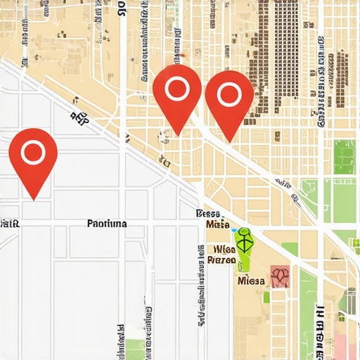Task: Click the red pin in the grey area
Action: [x=33, y=158]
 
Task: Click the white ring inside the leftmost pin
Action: [x=33, y=151]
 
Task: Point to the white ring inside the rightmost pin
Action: [x=229, y=93]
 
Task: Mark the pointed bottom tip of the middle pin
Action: [x=177, y=134]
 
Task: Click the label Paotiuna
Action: [x=107, y=224]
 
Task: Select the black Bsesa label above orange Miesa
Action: [x=209, y=214]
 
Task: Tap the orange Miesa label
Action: [x=219, y=225]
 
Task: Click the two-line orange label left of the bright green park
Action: [x=221, y=255]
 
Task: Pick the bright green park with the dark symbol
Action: [x=244, y=247]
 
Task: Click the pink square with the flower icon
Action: [x=280, y=276]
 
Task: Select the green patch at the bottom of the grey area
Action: [x=134, y=349]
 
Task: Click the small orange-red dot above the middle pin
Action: [x=181, y=54]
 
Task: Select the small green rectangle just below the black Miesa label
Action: [x=266, y=297]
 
